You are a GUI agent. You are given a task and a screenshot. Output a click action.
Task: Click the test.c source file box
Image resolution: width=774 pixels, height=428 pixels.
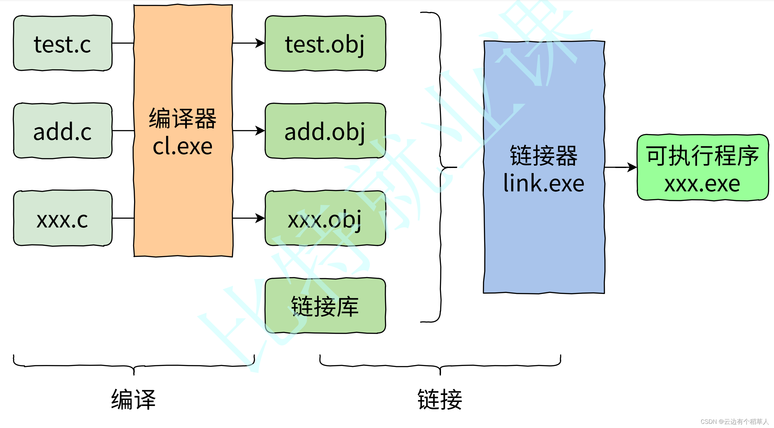click(x=63, y=43)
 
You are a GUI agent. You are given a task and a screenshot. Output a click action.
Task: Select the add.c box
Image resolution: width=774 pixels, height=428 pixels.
click(x=63, y=131)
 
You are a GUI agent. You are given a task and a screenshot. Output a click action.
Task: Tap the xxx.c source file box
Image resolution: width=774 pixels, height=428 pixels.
click(x=63, y=218)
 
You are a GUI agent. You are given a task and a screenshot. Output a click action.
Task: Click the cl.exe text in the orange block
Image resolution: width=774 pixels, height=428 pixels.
click(x=183, y=146)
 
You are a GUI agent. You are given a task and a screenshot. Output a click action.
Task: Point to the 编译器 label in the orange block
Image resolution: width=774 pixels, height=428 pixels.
click(x=183, y=119)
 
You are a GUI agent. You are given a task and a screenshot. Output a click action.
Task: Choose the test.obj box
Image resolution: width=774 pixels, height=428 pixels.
click(x=325, y=43)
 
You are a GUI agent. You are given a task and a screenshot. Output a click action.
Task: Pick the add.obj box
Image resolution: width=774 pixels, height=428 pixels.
click(x=325, y=131)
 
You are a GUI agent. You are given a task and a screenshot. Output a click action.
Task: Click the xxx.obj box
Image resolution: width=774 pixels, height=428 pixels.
click(x=325, y=218)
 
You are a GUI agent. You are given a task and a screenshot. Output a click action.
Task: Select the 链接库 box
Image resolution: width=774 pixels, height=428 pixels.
click(x=325, y=306)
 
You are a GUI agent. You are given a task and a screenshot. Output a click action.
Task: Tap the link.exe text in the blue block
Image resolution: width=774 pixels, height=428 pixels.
click(x=544, y=183)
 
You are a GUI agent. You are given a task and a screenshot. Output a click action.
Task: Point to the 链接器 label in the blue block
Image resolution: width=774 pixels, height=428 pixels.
click(x=544, y=156)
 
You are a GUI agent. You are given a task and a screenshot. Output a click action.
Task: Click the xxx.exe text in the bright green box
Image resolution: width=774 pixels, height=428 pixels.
click(x=702, y=184)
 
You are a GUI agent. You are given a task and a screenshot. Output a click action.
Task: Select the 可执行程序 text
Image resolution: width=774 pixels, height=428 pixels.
click(x=702, y=156)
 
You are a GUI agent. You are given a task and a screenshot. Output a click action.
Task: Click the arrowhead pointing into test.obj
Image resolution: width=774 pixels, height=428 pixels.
click(x=260, y=43)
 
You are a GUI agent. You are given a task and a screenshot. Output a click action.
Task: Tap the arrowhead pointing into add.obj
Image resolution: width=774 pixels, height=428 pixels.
click(x=260, y=131)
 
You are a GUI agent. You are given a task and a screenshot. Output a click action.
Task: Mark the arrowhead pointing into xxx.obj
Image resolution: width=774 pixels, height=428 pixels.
click(x=260, y=218)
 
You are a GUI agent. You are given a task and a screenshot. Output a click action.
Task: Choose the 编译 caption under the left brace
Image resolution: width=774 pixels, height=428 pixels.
click(x=133, y=400)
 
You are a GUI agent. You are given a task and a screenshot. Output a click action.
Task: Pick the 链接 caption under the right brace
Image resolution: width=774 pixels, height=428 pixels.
click(x=440, y=400)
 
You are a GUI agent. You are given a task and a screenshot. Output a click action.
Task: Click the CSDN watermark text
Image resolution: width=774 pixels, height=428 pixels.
click(x=734, y=422)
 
